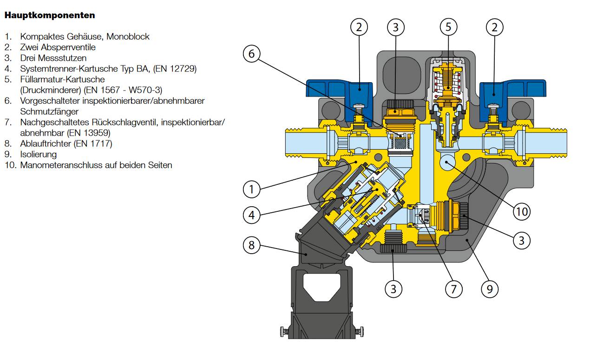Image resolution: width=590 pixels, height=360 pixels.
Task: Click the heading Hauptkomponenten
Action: pyautogui.click(x=50, y=15)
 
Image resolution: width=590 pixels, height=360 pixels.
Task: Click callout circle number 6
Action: pyautogui.click(x=251, y=54)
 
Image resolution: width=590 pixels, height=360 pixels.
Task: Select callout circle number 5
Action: pyautogui.click(x=448, y=27)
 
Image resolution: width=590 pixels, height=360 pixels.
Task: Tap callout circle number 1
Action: pyautogui.click(x=251, y=189)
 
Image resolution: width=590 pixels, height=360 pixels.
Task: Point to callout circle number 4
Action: pyautogui.click(x=251, y=215)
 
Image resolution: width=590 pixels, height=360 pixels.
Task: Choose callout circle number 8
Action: pyautogui.click(x=251, y=245)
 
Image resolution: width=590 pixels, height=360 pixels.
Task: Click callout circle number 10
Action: pyautogui.click(x=522, y=212)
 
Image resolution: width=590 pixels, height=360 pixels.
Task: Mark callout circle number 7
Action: pyautogui.click(x=453, y=289)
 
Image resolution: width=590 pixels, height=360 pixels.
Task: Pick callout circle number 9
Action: pyautogui.click(x=489, y=289)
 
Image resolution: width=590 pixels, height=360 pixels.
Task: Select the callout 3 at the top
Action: pyautogui.click(x=395, y=27)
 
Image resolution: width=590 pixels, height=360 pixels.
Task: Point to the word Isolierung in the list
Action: pyautogui.click(x=38, y=154)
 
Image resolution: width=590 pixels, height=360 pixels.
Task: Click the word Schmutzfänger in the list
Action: pyautogui.click(x=49, y=111)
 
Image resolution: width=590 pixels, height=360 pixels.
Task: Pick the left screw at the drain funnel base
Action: pyautogui.click(x=283, y=331)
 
